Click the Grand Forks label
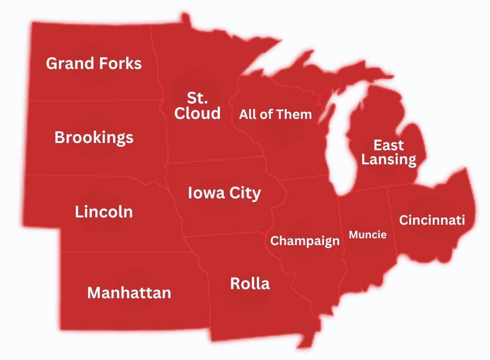pyautogui.click(x=94, y=63)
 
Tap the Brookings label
pyautogui.click(x=94, y=137)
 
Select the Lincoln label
pyautogui.click(x=104, y=212)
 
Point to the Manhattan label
pyautogui.click(x=129, y=293)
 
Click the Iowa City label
pyautogui.click(x=224, y=193)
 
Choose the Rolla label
pyautogui.click(x=250, y=284)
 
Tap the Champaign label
pyautogui.click(x=305, y=241)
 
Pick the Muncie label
pyautogui.click(x=367, y=234)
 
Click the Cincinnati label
pyautogui.click(x=432, y=220)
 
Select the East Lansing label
pyautogui.click(x=389, y=153)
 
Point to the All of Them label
pyautogui.click(x=275, y=114)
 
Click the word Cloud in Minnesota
pyautogui.click(x=197, y=113)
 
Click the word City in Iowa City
pyautogui.click(x=245, y=193)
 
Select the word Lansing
pyautogui.click(x=389, y=159)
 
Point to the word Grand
pyautogui.click(x=69, y=63)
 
